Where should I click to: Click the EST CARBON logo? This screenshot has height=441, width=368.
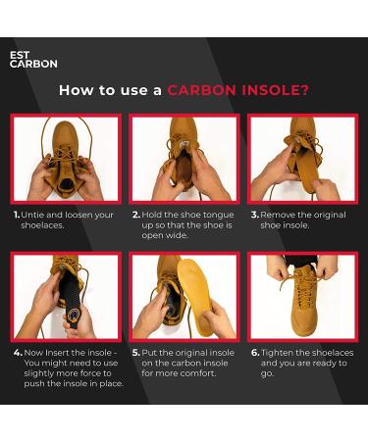[x=33, y=60]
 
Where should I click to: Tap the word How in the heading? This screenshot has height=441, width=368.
[x=77, y=90]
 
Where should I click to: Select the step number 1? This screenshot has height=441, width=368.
[x=17, y=215]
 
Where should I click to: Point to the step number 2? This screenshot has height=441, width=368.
[x=136, y=215]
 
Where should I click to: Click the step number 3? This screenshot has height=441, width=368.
[x=255, y=215]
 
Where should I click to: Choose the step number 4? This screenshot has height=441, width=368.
[x=18, y=353]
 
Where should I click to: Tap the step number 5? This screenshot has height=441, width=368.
[x=136, y=353]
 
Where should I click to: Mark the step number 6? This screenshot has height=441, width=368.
[x=255, y=353]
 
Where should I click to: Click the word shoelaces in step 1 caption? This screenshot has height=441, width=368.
[x=41, y=225]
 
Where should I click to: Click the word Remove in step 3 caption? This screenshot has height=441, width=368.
[x=275, y=215]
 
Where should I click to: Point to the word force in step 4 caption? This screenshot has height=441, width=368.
[x=89, y=373]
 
